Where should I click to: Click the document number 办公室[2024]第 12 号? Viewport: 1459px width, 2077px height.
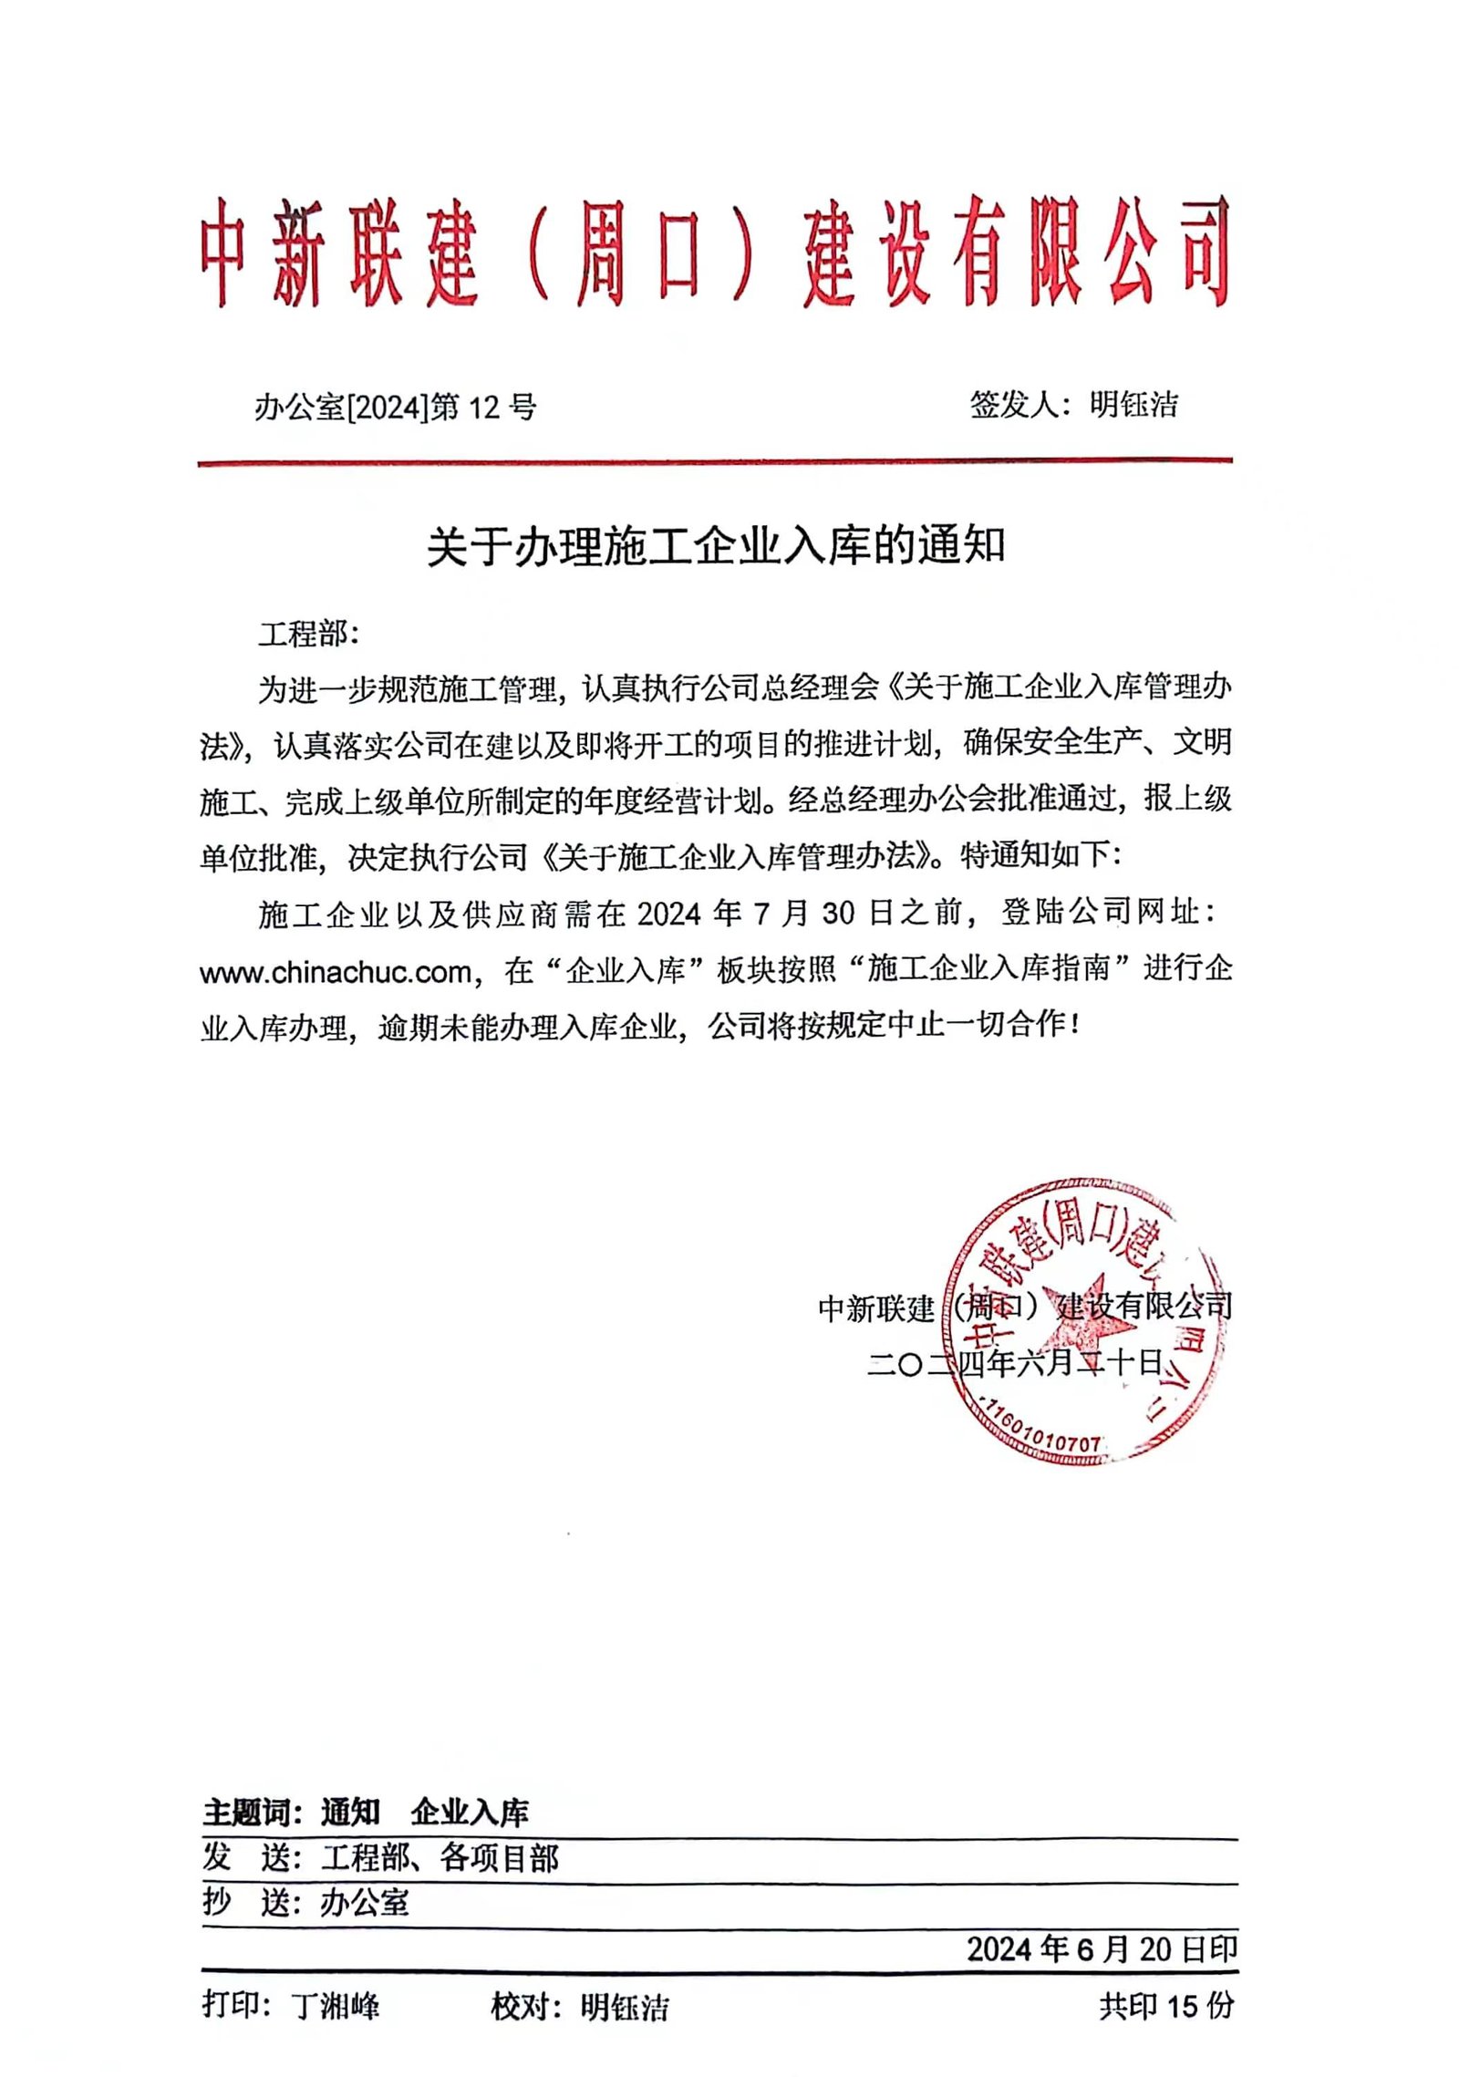coord(395,407)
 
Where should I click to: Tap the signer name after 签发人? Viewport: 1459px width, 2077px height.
coord(1133,404)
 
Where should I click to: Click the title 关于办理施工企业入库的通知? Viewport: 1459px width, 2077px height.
coord(716,547)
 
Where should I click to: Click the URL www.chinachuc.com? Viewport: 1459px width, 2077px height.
coord(335,972)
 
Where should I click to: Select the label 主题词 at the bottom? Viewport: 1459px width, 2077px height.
coord(246,1812)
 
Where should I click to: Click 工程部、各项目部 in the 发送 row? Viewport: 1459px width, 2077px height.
coord(439,1857)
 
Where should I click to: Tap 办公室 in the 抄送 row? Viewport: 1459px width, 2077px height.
coord(365,1903)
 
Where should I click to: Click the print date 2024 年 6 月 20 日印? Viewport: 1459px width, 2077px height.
coord(1102,1949)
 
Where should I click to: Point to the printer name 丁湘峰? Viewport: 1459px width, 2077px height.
coord(336,2006)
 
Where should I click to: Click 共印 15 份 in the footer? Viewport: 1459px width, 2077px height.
coord(1166,2005)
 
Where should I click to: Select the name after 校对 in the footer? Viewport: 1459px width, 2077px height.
coord(625,2007)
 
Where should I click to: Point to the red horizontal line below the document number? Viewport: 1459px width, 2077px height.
coord(714,463)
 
